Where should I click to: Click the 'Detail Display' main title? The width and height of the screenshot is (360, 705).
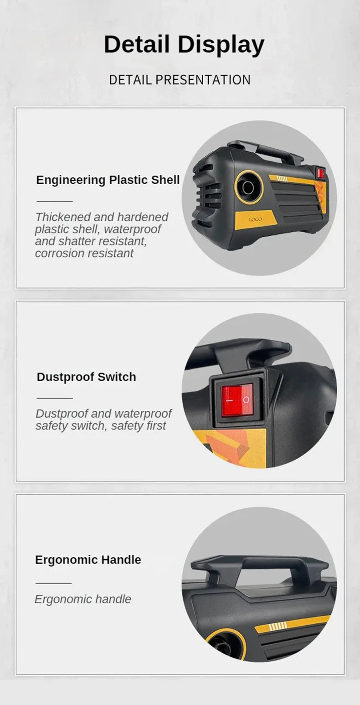pos(184,45)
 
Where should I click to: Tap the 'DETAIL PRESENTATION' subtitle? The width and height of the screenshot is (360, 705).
pos(180,80)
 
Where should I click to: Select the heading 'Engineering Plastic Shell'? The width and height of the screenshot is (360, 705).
pos(108,180)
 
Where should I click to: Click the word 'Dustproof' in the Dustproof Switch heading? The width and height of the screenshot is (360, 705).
pos(65,377)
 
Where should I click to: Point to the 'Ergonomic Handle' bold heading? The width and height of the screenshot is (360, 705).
pos(88,560)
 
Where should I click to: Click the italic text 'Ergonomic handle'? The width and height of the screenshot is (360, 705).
pos(83,599)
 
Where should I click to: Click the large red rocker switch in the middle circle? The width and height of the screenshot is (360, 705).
pos(237,400)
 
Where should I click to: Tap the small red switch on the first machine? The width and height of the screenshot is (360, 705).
pos(320,173)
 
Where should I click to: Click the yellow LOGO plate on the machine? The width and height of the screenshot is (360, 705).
pos(256,219)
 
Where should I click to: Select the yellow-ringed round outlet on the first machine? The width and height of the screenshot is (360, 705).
pos(249,187)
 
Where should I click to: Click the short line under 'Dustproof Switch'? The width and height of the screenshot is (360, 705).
pos(55,398)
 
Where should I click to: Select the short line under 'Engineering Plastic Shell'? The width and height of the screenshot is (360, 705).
pos(55,202)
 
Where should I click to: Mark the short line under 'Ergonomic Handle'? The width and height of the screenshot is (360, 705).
pos(53,584)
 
